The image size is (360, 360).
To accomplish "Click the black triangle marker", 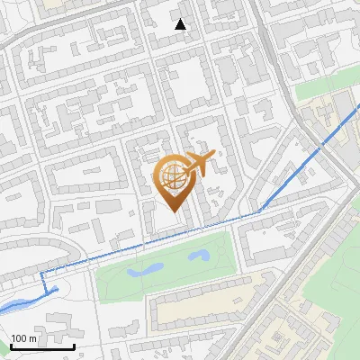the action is click(181, 24).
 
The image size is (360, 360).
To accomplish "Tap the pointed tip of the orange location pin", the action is click(172, 210).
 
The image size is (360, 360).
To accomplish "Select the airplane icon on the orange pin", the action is click(198, 165).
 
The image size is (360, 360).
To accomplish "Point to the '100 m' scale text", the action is click(23, 338).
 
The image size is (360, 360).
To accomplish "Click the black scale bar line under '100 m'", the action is click(41, 346).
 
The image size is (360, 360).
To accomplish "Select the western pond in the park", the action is click(144, 269).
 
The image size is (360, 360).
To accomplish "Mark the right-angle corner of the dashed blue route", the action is click(41, 270).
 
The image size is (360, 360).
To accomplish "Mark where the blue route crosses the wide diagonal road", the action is click(320, 146).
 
